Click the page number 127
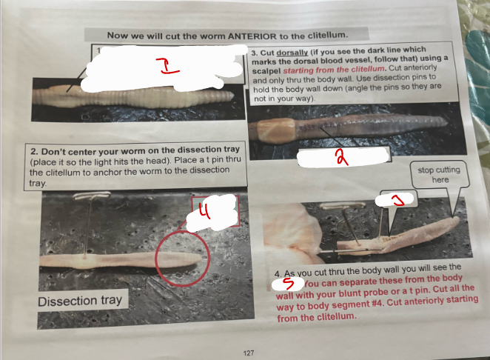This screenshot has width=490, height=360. [x=249, y=353]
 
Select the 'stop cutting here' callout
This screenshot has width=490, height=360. [x=438, y=174]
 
